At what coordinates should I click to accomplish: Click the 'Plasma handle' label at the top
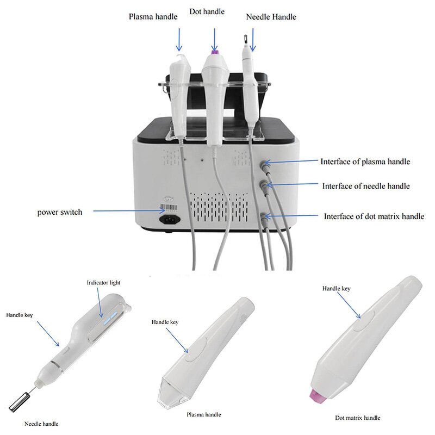point(153,16)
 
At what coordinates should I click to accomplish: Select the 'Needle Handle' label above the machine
point(271,17)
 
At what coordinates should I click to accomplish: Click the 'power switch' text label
point(60,212)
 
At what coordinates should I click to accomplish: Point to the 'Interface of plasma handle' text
point(365,161)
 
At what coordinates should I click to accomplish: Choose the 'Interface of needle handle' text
point(366,186)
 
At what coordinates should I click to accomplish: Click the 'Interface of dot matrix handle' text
point(374,216)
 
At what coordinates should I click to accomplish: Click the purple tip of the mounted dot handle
point(215,52)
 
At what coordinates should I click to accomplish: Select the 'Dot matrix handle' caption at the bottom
point(357,418)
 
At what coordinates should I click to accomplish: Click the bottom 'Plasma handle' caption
point(203,414)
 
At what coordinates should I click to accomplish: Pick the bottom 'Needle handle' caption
point(41,423)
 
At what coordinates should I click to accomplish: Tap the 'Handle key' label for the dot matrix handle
point(336,289)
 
